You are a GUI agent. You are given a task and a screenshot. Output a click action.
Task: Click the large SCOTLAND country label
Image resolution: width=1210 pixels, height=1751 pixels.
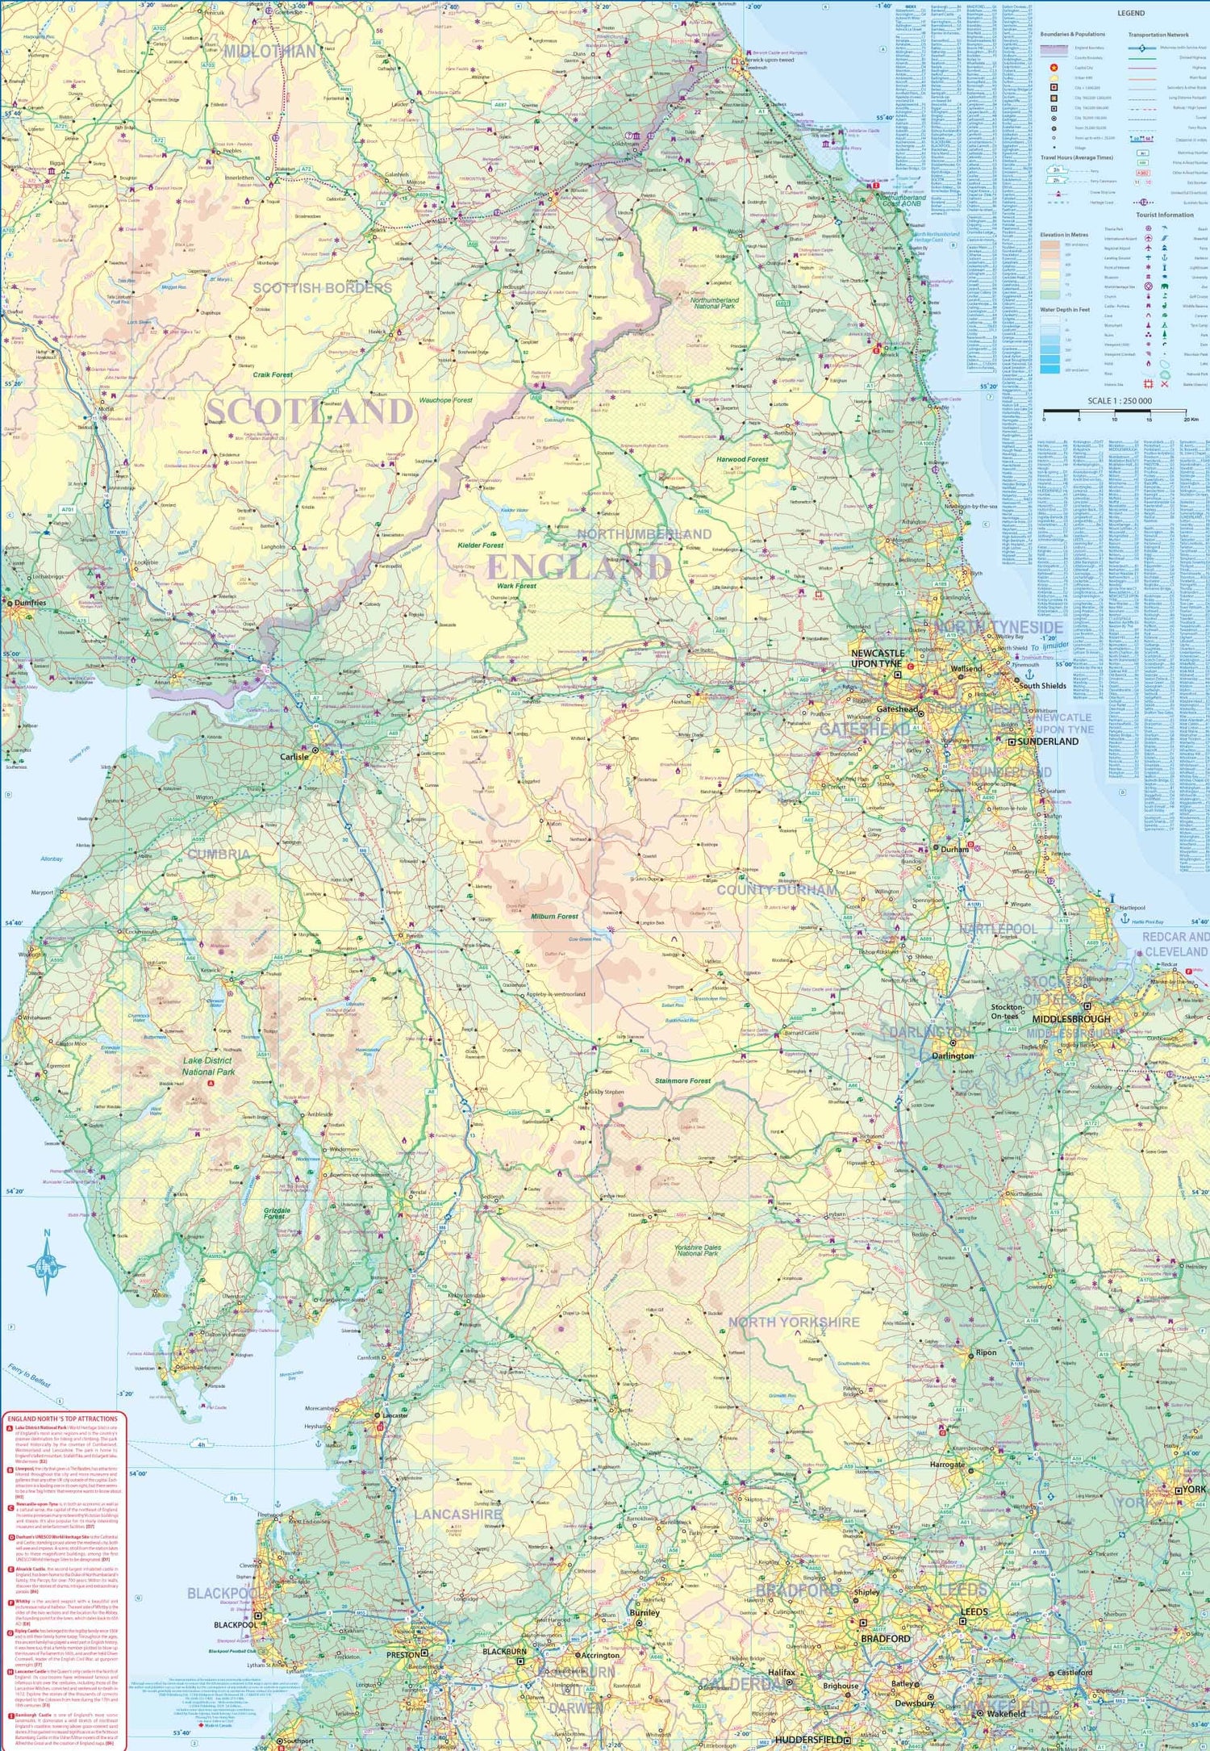310,412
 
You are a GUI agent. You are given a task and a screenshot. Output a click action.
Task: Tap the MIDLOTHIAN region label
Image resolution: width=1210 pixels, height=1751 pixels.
269,52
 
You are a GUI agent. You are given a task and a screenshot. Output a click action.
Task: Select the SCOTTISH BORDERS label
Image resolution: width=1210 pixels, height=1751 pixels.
322,288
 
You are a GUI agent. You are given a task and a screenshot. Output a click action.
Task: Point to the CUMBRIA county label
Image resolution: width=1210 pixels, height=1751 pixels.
219,854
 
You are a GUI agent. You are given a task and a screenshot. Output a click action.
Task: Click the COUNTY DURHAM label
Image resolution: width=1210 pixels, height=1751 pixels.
777,890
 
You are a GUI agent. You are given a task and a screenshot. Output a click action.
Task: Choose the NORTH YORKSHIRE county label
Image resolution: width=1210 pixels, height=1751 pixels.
794,1322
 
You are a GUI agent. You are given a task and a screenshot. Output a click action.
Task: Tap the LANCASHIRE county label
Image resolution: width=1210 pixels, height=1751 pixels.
457,1515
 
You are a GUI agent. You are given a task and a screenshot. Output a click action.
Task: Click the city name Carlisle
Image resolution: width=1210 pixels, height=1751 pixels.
294,757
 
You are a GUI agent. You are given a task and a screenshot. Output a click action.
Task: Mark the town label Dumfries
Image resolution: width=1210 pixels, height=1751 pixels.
30,603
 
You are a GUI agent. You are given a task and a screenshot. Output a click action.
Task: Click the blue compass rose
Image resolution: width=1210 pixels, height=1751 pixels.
47,1267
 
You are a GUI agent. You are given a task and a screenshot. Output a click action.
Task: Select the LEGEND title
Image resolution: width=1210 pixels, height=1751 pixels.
1130,13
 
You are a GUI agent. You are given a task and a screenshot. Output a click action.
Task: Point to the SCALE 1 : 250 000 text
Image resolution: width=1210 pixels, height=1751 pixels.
1119,401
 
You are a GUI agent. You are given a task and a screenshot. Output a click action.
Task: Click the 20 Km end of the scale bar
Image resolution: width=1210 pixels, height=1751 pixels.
1190,420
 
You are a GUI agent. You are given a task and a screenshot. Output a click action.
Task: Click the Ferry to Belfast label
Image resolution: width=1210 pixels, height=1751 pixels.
29,1375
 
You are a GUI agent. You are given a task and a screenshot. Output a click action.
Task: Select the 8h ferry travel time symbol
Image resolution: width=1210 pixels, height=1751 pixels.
234,1498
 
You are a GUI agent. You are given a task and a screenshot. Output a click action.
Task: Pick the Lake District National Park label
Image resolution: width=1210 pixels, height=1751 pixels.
207,1066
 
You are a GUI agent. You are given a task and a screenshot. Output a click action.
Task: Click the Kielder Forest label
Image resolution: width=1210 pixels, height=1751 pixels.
481,545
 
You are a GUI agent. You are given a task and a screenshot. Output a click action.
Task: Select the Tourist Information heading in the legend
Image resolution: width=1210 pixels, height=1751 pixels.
1164,215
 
